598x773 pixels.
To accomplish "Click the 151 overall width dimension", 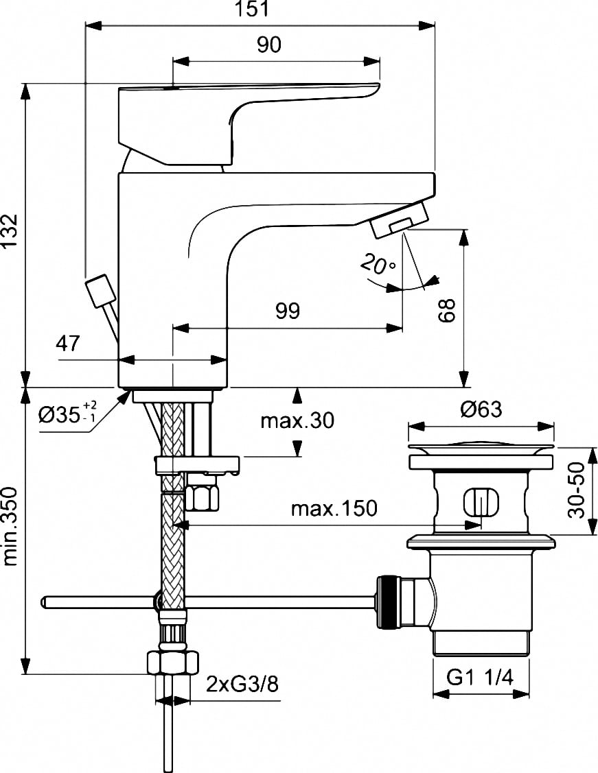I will [260, 10].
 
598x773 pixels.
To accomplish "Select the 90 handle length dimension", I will [269, 45].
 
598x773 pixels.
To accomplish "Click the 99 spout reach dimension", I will [288, 311].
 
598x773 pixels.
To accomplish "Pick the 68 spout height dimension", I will [448, 309].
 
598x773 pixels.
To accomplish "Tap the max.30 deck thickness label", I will [297, 420].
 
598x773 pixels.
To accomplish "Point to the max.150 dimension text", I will [334, 509].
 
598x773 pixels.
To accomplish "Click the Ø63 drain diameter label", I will [481, 410].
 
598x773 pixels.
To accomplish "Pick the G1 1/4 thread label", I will [480, 678].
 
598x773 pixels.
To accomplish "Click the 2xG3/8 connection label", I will [242, 685].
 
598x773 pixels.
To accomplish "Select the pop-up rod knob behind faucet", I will [99, 291].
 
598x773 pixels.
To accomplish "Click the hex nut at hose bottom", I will [172, 663].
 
